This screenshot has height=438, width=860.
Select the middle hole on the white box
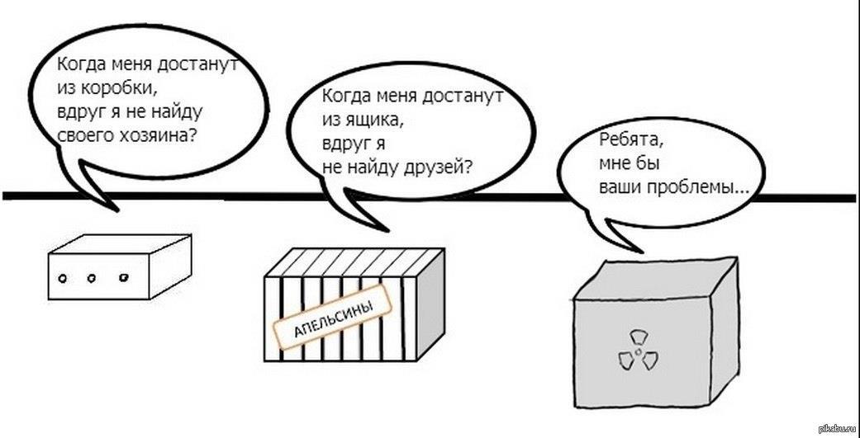(93, 279)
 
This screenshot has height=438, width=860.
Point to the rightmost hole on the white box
(124, 279)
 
